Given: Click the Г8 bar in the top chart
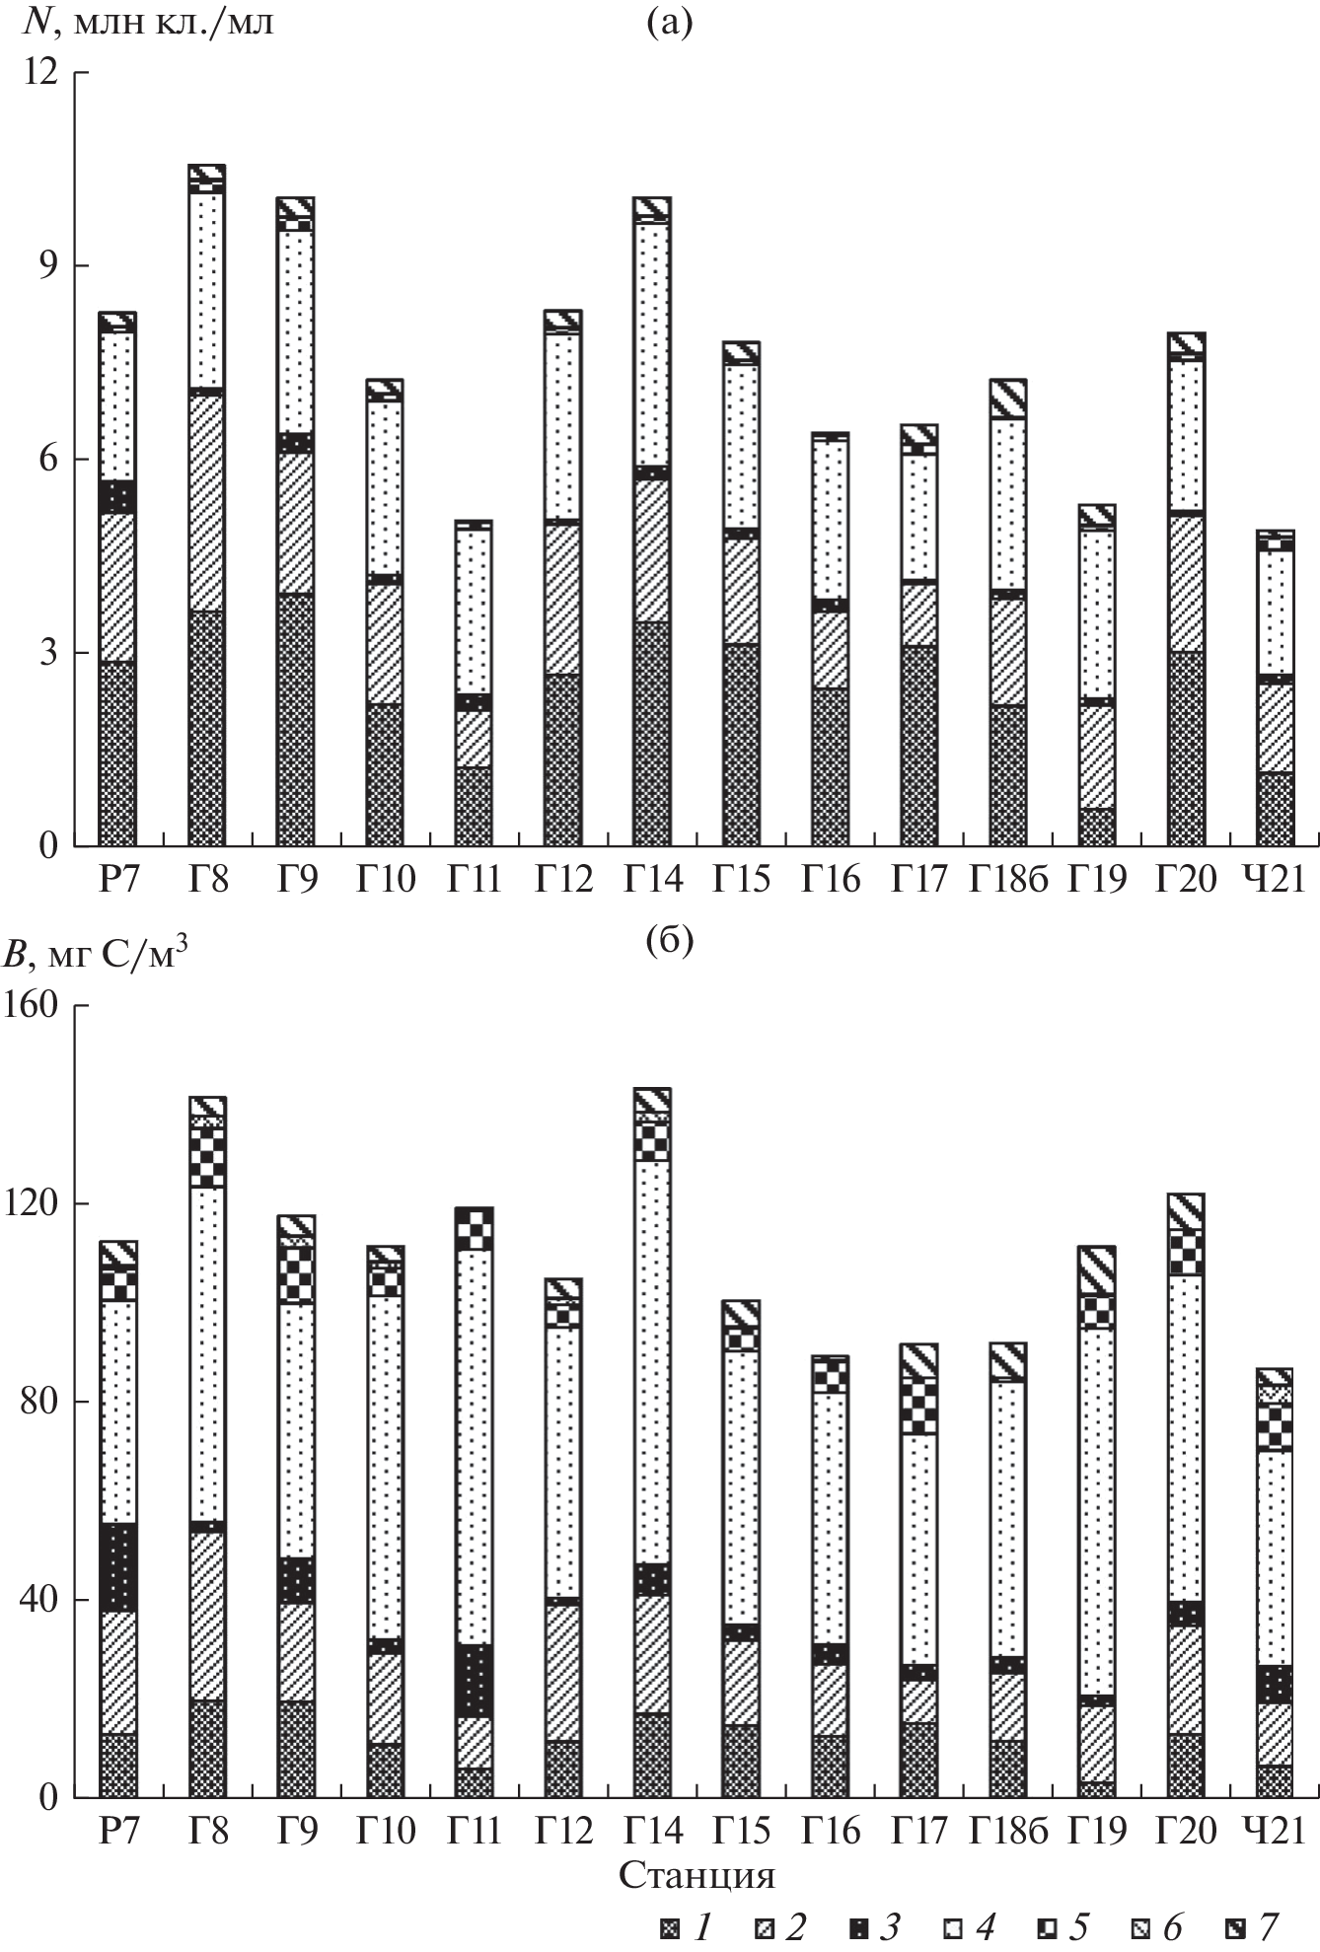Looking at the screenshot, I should [206, 505].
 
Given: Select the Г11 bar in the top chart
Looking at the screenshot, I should [474, 683].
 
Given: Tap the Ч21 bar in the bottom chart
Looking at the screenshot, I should [1274, 1582].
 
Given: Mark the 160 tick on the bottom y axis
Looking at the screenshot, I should [37, 1005].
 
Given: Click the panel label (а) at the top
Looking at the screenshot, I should [670, 23].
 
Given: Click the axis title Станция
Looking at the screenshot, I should [697, 1875].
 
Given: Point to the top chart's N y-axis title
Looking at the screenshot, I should [148, 22].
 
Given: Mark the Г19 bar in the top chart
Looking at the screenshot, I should [1096, 676].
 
